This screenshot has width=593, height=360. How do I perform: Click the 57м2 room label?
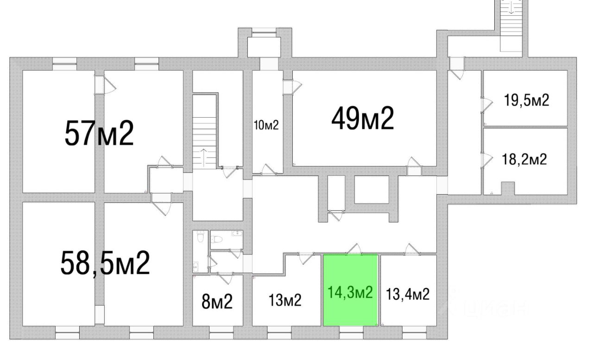(99, 133)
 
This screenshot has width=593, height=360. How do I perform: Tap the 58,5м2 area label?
(105, 263)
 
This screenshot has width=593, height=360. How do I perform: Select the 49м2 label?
(362, 119)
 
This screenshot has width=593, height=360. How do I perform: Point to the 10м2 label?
(266, 125)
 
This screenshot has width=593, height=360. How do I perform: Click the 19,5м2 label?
(527, 100)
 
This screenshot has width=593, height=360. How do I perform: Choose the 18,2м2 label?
(524, 160)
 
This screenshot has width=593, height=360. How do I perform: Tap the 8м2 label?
(217, 302)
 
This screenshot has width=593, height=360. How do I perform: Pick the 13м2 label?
(285, 300)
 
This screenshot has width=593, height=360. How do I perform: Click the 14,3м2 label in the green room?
(350, 292)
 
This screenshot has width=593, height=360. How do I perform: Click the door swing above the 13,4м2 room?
(411, 249)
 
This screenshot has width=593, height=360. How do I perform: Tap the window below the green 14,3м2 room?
(351, 330)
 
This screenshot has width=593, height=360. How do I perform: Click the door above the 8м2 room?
(227, 278)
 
